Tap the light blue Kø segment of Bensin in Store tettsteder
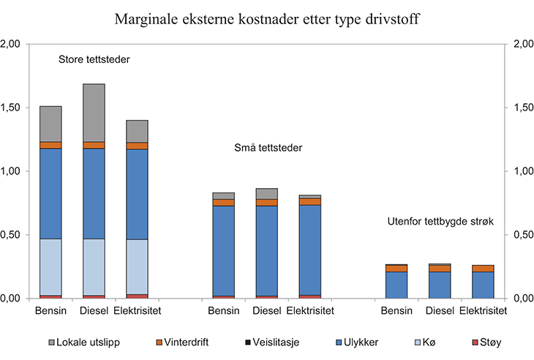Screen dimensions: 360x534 [x=50, y=267]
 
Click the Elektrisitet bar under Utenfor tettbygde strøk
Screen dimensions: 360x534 [x=483, y=282]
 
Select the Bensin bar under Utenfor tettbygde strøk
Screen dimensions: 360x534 [x=396, y=282]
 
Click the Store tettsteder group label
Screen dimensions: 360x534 [x=94, y=59]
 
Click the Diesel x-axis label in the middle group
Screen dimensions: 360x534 [x=267, y=311]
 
